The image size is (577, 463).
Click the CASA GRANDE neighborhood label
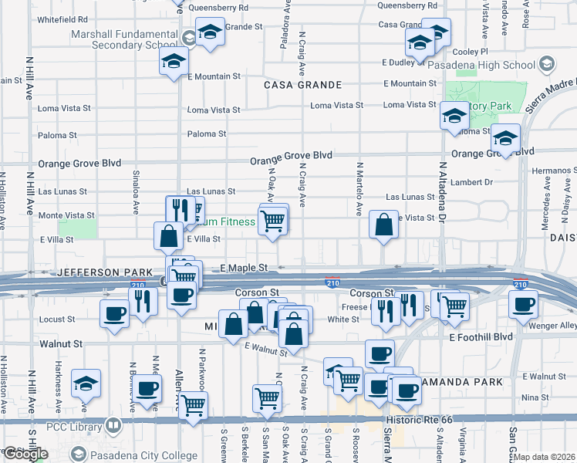coord(302,84)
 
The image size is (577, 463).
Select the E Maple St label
coord(243,267)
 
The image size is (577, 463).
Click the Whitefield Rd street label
coord(61,19)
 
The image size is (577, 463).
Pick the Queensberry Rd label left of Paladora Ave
coord(217,8)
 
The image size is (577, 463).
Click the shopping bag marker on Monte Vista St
coord(383,226)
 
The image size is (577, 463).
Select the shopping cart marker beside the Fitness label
coord(273,221)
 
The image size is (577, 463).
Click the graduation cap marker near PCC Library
coord(86,384)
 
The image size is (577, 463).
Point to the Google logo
coord(25,455)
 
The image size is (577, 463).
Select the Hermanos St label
coord(554,168)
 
